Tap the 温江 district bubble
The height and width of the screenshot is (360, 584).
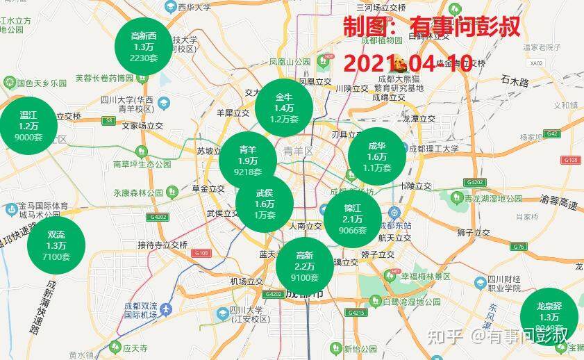coord(28,126)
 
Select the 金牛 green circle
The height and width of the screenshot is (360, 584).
coord(284,108)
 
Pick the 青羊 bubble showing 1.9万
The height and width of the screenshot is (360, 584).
coord(248,160)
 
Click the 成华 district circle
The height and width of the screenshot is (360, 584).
coord(376,156)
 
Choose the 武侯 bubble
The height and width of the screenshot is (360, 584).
coord(265,204)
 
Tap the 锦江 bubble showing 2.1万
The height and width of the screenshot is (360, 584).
coord(353,219)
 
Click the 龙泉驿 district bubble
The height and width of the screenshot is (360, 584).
coord(549,316)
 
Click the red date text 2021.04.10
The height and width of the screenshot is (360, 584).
coord(408,63)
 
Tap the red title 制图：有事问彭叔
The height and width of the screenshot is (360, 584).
coord(431,28)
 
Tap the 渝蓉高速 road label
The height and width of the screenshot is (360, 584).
coord(558,201)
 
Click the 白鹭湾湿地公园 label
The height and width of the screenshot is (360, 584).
coord(412,302)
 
